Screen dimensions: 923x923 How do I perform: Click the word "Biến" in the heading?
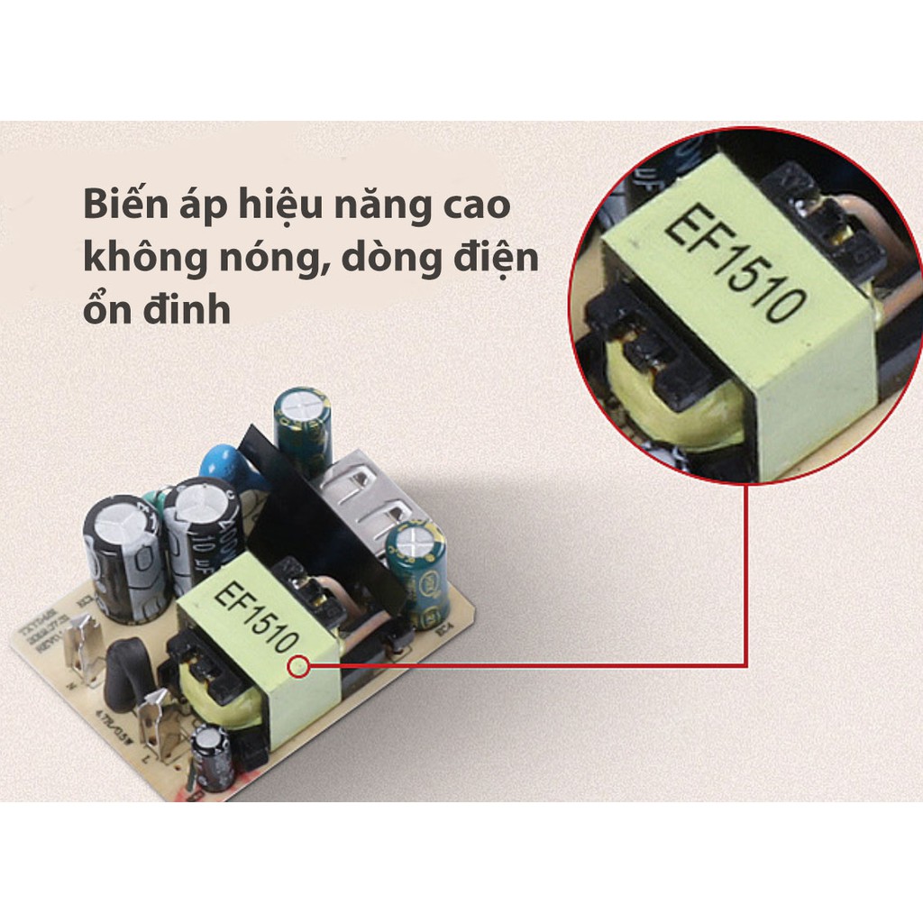[x=121, y=206]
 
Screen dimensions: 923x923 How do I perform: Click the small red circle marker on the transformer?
[x=299, y=667]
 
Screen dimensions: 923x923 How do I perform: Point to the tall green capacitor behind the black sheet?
[x=303, y=429]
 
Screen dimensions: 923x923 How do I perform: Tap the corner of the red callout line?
[x=747, y=666]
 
